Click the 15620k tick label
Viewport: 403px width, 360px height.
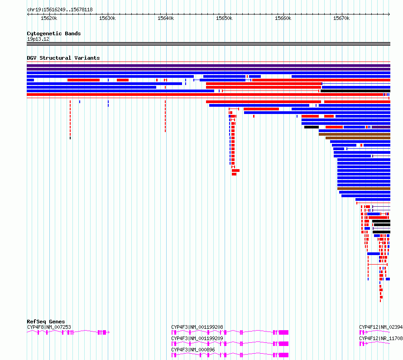coord(49,19)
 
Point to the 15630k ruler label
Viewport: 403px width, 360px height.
coord(107,19)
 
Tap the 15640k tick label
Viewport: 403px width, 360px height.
coord(166,19)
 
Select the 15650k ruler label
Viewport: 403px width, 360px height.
coord(224,19)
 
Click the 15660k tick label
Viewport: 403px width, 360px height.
coord(283,19)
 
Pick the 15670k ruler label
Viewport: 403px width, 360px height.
coord(341,19)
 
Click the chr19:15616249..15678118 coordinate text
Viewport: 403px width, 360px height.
coord(60,9)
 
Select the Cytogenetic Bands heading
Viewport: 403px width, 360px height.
coord(53,33)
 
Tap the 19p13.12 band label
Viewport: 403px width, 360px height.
coord(38,39)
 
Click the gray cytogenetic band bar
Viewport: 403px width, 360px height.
coord(208,44)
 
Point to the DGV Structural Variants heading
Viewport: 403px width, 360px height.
coord(63,58)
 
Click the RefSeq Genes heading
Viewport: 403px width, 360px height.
coord(46,322)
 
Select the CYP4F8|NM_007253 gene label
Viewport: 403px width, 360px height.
coord(49,327)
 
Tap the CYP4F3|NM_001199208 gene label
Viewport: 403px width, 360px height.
coord(197,327)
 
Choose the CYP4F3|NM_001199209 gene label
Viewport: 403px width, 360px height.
coord(197,338)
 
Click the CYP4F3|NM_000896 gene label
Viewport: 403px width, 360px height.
coord(193,350)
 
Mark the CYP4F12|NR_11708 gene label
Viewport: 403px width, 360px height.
coord(380,338)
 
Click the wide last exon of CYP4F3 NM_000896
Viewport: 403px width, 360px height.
coord(283,355)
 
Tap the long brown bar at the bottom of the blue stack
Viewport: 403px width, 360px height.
coord(364,188)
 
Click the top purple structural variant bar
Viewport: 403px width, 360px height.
coord(208,66)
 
